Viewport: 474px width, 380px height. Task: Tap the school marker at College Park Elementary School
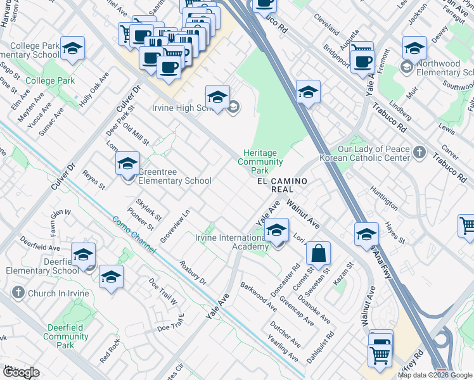pyautogui.click(x=72, y=48)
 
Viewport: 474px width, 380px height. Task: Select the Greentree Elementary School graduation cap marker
pyautogui.click(x=127, y=164)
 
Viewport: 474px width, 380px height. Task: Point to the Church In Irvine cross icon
pyautogui.click(x=18, y=293)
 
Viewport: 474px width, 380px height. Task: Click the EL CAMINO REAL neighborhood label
pyautogui.click(x=282, y=186)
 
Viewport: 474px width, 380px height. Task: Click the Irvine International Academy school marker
pyautogui.click(x=276, y=231)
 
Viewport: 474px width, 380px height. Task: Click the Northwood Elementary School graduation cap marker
pyautogui.click(x=414, y=48)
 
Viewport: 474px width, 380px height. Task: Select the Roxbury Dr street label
pyautogui.click(x=193, y=273)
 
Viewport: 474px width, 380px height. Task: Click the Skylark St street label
pyautogui.click(x=153, y=208)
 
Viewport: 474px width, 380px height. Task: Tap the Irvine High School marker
pyautogui.click(x=217, y=97)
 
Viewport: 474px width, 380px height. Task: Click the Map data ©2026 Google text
pyautogui.click(x=435, y=375)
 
